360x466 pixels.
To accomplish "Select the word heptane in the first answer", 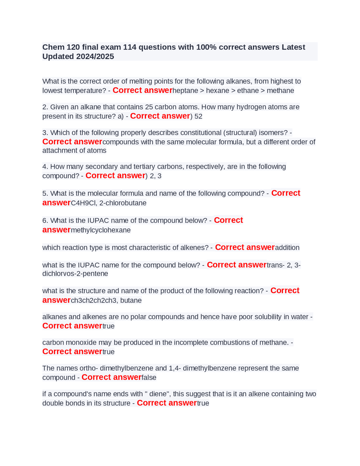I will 185,91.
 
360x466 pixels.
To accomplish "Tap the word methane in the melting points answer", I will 280,91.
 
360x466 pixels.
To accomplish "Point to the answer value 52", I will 198,116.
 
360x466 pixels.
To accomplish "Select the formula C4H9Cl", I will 83,203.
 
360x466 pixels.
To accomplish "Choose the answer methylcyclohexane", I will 101,230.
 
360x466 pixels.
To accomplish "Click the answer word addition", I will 287,248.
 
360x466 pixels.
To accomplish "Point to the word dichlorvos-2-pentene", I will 75,274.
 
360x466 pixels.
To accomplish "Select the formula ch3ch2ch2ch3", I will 94,301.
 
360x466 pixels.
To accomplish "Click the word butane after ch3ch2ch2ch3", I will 131,301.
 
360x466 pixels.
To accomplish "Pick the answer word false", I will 149,378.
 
